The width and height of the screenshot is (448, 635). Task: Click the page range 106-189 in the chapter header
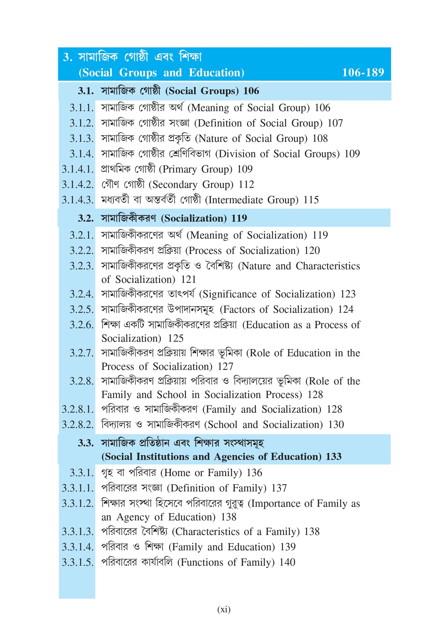click(x=363, y=73)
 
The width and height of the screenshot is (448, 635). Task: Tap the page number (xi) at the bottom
click(x=224, y=609)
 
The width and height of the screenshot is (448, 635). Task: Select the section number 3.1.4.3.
click(x=78, y=200)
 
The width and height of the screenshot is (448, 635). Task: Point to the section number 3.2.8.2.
click(x=78, y=425)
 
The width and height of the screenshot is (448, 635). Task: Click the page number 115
click(x=311, y=200)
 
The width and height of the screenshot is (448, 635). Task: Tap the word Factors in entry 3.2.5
click(x=239, y=309)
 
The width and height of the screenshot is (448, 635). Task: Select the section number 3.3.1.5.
click(x=78, y=562)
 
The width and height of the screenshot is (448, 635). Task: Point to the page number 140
click(x=287, y=562)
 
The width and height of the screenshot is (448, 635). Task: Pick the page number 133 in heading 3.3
click(x=334, y=457)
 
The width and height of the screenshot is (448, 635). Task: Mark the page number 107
click(x=335, y=123)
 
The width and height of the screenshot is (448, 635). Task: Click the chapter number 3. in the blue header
click(x=67, y=57)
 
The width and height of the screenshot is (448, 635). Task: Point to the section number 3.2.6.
click(x=82, y=325)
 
